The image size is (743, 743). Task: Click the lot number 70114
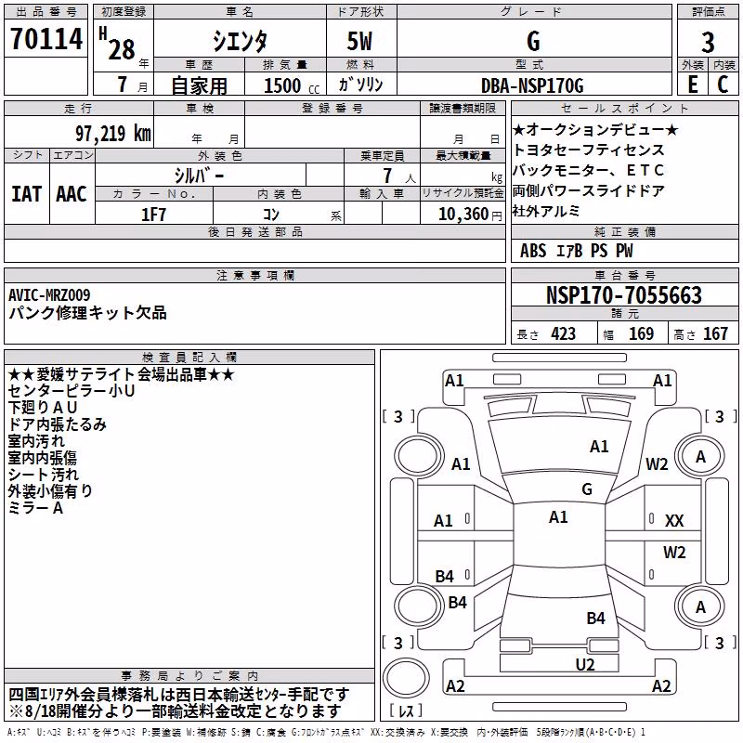tap(46, 39)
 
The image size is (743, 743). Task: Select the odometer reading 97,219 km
tap(113, 134)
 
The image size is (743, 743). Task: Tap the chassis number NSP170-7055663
tap(623, 295)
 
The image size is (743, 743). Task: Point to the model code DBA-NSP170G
tap(532, 85)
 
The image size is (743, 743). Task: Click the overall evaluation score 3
tap(708, 42)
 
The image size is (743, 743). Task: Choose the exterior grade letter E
tap(693, 85)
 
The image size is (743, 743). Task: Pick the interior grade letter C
tap(723, 85)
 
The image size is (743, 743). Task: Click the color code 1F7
tap(153, 215)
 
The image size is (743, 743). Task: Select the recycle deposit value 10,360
tap(463, 215)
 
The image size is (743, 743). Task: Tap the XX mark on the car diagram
tap(674, 521)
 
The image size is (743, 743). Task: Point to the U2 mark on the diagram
tap(585, 664)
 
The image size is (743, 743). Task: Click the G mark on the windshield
tap(587, 489)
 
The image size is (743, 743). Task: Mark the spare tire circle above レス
tap(406, 679)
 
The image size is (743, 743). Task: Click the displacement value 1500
tap(282, 85)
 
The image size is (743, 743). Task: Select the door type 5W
tap(359, 41)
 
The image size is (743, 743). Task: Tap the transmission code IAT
tap(26, 194)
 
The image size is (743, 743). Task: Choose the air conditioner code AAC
tap(72, 194)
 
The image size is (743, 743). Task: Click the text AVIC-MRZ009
tap(49, 295)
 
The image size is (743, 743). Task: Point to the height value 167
tap(715, 333)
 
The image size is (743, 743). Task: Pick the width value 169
tap(641, 333)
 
